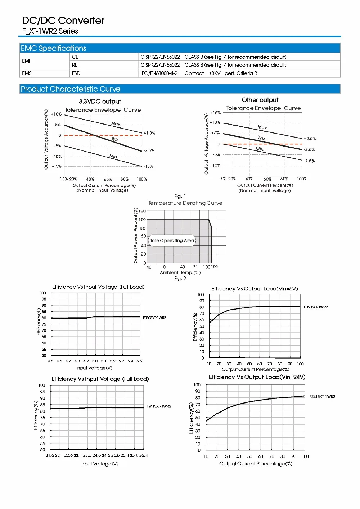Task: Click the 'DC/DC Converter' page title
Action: click(63, 21)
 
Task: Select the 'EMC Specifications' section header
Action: click(53, 48)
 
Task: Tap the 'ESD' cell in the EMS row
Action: click(76, 73)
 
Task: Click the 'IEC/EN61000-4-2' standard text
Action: click(159, 73)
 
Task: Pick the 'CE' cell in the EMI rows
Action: click(75, 57)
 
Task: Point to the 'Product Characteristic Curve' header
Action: click(71, 89)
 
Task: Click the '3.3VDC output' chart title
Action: click(100, 102)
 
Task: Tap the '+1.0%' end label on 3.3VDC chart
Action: click(149, 133)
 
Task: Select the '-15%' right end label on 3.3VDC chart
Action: click(148, 166)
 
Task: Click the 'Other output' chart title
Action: click(260, 100)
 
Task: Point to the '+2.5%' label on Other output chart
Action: click(310, 138)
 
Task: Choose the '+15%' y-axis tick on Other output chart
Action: click(215, 113)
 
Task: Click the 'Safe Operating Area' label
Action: click(172, 240)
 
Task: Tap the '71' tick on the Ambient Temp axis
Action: click(195, 267)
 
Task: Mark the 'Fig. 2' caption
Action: click(180, 278)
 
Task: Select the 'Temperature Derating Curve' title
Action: click(185, 203)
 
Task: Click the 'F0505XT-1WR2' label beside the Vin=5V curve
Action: click(316, 307)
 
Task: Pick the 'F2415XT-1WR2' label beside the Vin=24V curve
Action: click(322, 397)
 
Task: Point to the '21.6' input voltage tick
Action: click(50, 456)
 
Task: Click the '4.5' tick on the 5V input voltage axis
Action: click(50, 361)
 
